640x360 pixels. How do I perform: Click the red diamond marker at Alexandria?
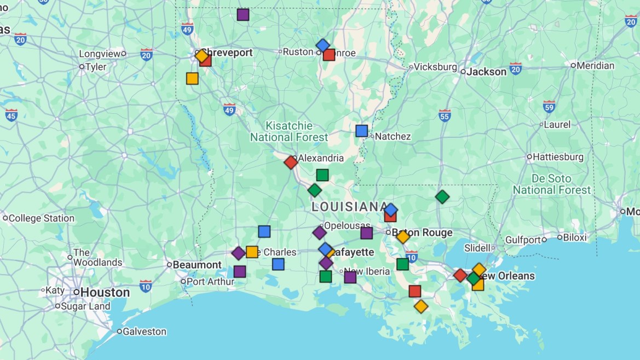pyautogui.click(x=291, y=162)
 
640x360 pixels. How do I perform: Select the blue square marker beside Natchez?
pyautogui.click(x=361, y=131)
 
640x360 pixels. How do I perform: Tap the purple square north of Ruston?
pyautogui.click(x=243, y=15)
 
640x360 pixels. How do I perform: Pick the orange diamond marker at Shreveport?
pyautogui.click(x=201, y=56)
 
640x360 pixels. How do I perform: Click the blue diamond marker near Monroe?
pyautogui.click(x=322, y=45)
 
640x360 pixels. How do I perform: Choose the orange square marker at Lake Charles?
pyautogui.click(x=252, y=252)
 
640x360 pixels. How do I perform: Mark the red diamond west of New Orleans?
pyautogui.click(x=460, y=275)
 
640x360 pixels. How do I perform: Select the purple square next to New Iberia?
pyautogui.click(x=350, y=277)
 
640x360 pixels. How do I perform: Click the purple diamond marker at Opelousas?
pyautogui.click(x=320, y=233)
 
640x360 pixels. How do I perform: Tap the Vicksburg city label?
pyautogui.click(x=435, y=67)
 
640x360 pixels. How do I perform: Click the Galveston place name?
pyautogui.click(x=145, y=332)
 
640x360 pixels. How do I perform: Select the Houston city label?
pyautogui.click(x=105, y=293)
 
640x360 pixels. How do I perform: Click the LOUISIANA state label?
pyautogui.click(x=349, y=207)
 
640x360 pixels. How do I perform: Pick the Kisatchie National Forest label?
pyautogui.click(x=289, y=131)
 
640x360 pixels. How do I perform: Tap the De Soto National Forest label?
pyautogui.click(x=552, y=184)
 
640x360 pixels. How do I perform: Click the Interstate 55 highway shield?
pyautogui.click(x=445, y=115)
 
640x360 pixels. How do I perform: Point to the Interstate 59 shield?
pyautogui.click(x=549, y=106)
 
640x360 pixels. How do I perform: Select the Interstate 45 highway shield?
pyautogui.click(x=11, y=115)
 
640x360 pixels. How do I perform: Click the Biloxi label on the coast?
pyautogui.click(x=575, y=237)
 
